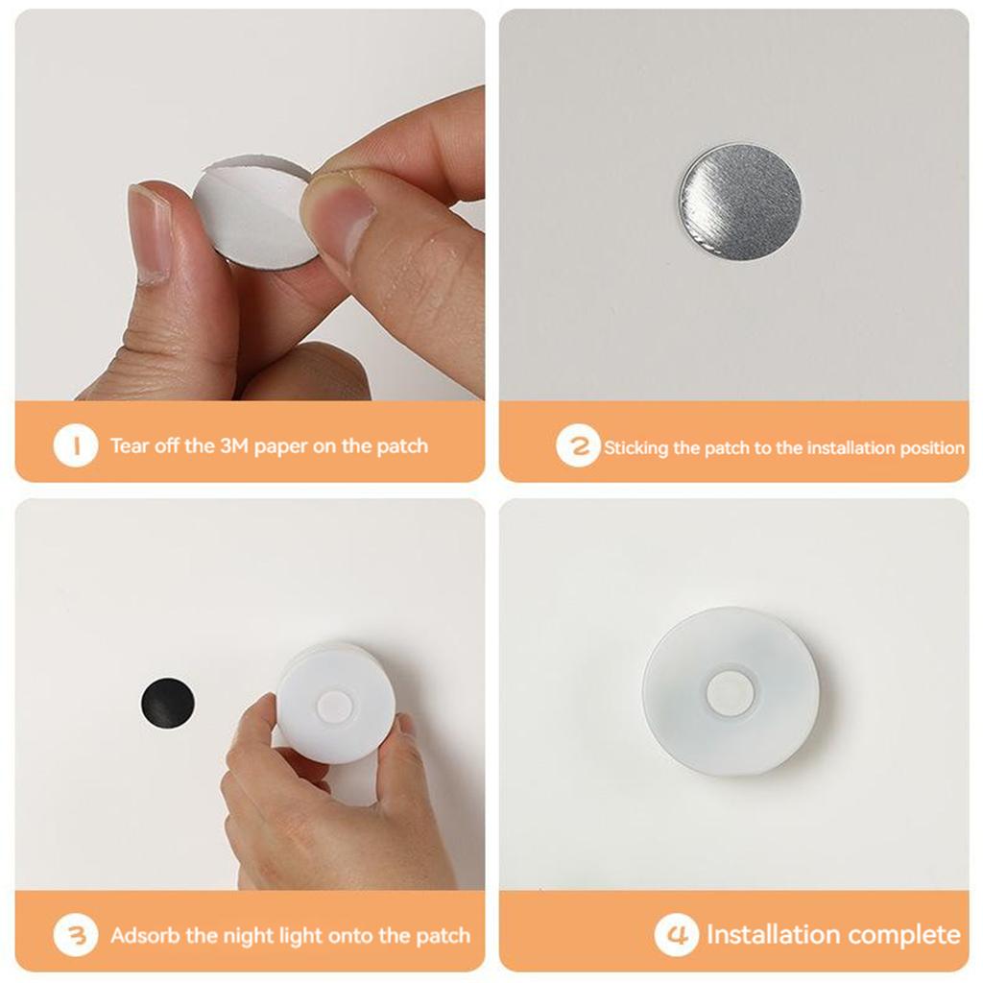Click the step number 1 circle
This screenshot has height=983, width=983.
(76, 446)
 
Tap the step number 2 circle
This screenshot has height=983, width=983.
(578, 447)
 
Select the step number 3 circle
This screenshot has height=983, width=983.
(76, 935)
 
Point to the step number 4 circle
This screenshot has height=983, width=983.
(676, 935)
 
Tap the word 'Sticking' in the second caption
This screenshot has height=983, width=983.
(637, 448)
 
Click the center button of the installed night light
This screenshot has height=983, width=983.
(731, 693)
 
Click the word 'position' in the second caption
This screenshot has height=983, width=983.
(933, 448)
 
